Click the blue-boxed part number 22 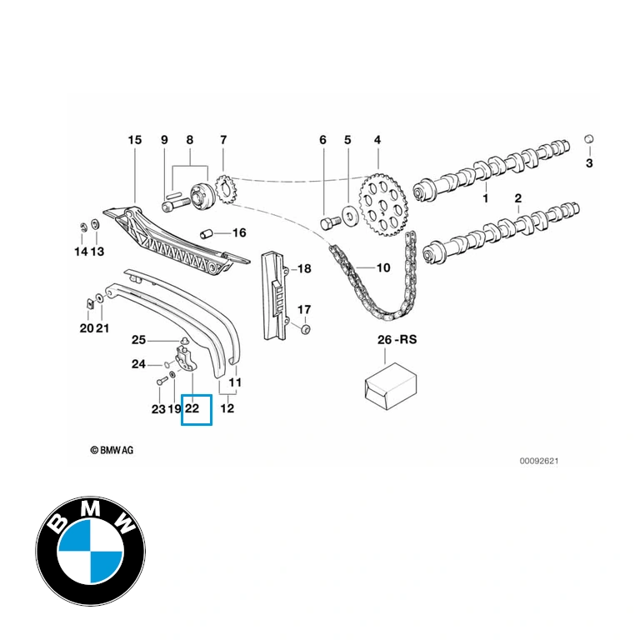(x=192, y=408)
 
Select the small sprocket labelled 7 (x=223, y=190)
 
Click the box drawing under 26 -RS (x=390, y=386)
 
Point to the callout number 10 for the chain (x=382, y=267)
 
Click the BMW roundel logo (x=91, y=551)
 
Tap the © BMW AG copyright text (x=112, y=450)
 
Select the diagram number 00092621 (x=539, y=461)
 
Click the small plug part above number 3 (x=589, y=139)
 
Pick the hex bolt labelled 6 (x=328, y=223)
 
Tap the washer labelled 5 (x=350, y=216)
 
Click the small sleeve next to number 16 (x=207, y=234)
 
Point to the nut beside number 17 (x=304, y=329)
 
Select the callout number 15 (x=135, y=140)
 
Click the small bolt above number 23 (x=161, y=382)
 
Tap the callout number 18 (x=304, y=268)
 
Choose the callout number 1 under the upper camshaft (x=485, y=198)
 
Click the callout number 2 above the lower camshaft (x=518, y=198)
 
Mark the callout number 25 (x=139, y=340)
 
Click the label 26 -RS (x=397, y=339)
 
